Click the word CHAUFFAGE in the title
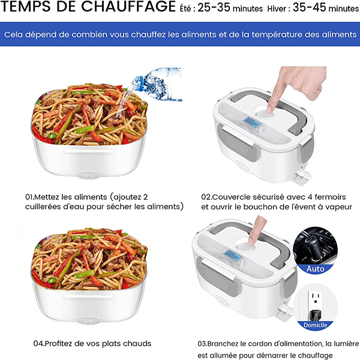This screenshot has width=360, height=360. click(128, 6)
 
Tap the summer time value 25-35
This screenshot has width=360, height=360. click(214, 7)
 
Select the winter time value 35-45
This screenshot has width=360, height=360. click(309, 7)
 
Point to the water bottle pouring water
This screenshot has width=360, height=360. click(157, 84)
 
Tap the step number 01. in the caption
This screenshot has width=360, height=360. click(29, 197)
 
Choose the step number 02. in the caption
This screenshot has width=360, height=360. click(206, 197)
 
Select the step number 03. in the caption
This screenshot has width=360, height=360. click(203, 344)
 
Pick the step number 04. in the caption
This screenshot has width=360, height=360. click(38, 343)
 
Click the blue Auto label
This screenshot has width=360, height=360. click(315, 269)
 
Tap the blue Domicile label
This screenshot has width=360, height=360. click(315, 325)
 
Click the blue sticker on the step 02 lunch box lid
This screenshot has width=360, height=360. click(252, 123)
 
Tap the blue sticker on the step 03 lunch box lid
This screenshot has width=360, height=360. click(233, 256)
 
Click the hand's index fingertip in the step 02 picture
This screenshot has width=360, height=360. click(271, 109)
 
